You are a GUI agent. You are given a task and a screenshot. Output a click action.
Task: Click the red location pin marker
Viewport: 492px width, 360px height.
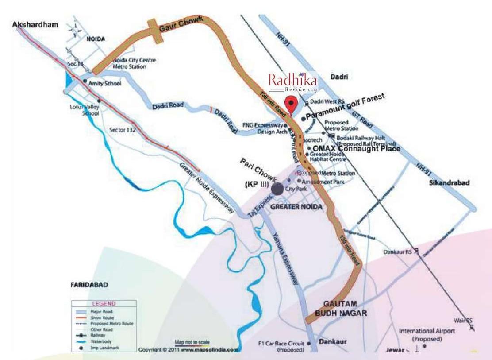click(x=290, y=104)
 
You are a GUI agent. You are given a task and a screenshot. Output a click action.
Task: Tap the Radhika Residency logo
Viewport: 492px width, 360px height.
click(x=292, y=82)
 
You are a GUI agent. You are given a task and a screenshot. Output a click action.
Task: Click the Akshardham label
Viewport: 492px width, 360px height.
click(x=35, y=25)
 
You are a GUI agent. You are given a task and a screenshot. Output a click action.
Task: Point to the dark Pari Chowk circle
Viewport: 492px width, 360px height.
click(x=277, y=189)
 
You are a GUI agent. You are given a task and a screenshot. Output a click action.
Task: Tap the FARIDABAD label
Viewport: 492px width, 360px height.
click(x=89, y=285)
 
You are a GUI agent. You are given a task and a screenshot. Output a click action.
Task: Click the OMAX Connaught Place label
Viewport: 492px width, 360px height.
click(x=357, y=149)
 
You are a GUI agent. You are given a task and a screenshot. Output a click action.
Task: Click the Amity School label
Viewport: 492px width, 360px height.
click(x=105, y=83)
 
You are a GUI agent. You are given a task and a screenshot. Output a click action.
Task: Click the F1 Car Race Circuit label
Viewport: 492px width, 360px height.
click(x=281, y=346)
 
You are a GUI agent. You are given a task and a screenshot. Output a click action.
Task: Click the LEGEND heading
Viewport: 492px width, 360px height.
click(x=104, y=304)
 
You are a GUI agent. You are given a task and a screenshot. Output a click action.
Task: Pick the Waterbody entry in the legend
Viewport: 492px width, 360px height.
click(x=100, y=342)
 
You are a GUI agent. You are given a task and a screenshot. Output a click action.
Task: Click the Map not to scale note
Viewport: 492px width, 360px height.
click(x=192, y=342)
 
